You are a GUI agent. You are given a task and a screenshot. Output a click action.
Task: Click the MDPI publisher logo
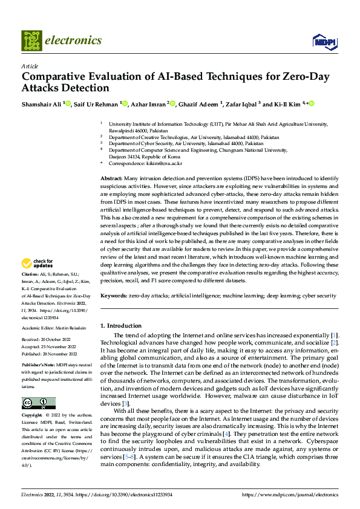[x=324, y=41]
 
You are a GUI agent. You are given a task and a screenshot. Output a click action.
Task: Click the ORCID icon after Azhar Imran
[x=172, y=104]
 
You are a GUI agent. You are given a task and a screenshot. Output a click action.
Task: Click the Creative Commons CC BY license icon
[x=38, y=403]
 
